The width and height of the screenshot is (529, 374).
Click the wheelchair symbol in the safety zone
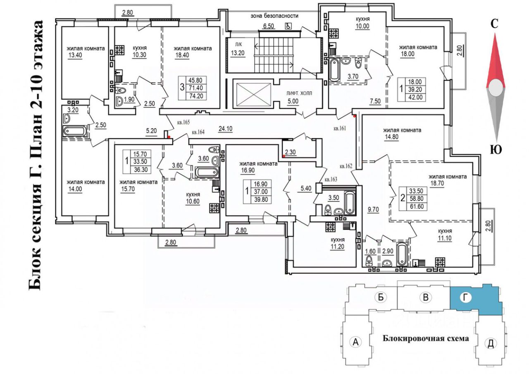pos(288,26)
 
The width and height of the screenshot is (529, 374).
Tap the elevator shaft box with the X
pos(253,93)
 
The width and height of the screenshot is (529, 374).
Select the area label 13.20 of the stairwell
pos(238,53)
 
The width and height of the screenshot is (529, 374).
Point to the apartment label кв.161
pos(340,128)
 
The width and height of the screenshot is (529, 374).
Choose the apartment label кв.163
pos(331,179)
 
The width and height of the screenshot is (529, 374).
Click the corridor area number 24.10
pos(225,129)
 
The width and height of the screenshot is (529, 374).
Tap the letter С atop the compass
pos(494,24)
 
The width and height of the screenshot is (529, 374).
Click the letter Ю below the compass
pos(496,149)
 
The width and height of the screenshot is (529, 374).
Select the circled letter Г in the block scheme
pos(465,297)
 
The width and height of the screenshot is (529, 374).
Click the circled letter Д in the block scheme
pos(491,343)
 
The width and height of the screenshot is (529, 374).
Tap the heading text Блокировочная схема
pos(426,338)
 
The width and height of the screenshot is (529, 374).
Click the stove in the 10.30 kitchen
pos(119,50)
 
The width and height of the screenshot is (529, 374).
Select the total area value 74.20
pos(196,96)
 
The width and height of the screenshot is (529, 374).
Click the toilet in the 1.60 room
pos(369,262)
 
